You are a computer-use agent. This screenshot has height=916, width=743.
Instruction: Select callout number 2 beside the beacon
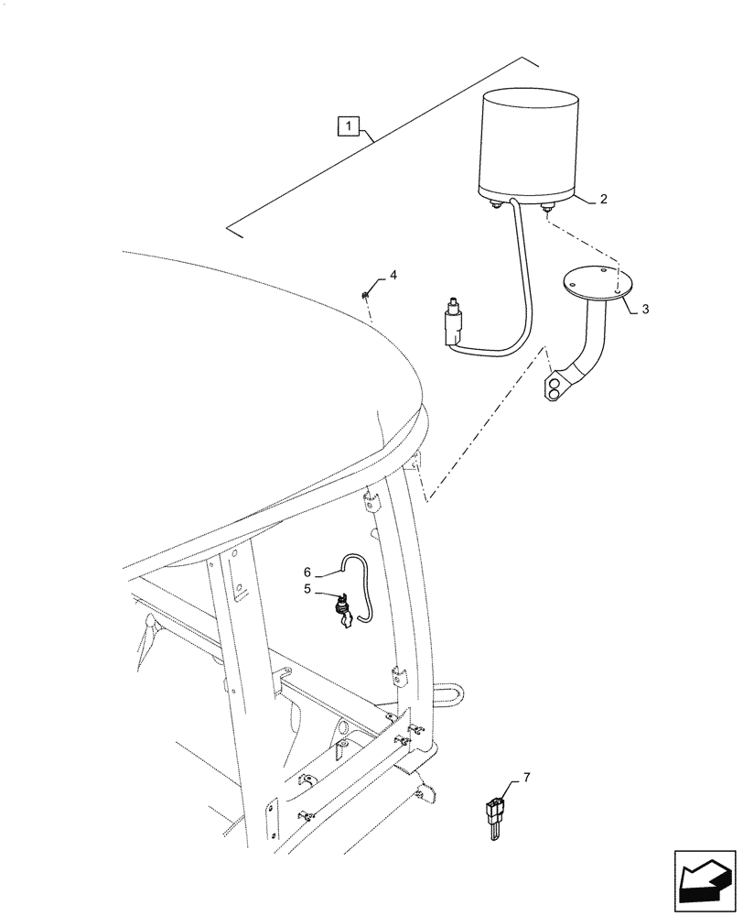pyautogui.click(x=603, y=198)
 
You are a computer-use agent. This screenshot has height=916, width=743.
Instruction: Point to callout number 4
pyautogui.click(x=393, y=274)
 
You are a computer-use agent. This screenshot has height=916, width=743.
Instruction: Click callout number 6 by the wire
pyautogui.click(x=309, y=572)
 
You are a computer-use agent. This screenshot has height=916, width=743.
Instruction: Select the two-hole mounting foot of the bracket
pyautogui.click(x=556, y=387)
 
